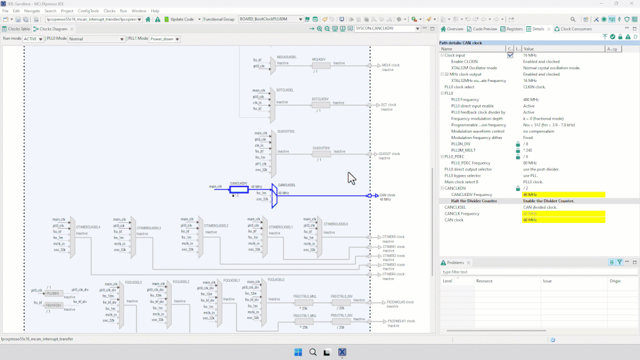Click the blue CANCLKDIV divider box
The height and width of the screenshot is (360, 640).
tap(238, 189)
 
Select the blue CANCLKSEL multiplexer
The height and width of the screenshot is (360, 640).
tap(274, 195)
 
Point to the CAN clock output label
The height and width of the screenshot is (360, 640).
tap(387, 195)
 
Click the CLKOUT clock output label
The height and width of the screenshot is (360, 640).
tap(389, 154)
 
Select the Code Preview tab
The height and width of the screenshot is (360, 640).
tap(484, 29)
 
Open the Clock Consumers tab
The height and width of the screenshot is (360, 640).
tap(576, 29)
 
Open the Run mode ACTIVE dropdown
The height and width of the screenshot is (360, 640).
tap(35, 39)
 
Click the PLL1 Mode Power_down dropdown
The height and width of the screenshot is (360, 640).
tap(164, 39)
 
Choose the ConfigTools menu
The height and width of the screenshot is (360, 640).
tap(88, 11)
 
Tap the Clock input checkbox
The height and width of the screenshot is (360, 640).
tap(510, 55)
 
